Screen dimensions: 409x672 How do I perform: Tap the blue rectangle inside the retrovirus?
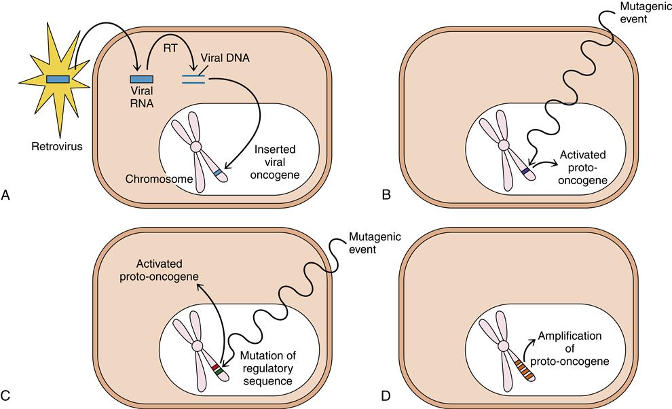coord(57,79)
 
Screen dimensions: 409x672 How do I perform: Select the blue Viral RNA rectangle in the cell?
coord(141,79)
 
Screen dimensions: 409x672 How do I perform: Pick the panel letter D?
coord(386,393)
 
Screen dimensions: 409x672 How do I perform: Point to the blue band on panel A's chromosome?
coord(217,174)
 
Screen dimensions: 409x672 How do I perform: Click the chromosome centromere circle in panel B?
coord(503,145)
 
